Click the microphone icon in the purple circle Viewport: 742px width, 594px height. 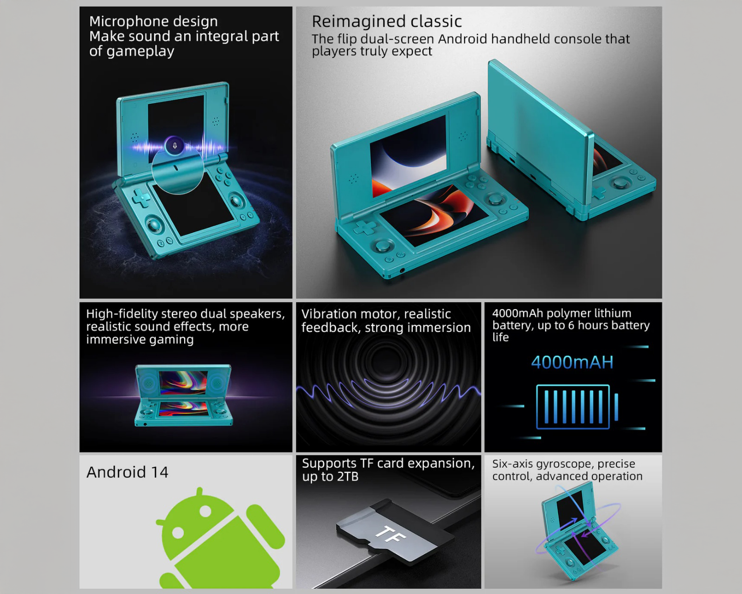[x=175, y=146]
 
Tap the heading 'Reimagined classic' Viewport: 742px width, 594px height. [x=386, y=21]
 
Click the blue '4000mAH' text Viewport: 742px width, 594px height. [x=572, y=362]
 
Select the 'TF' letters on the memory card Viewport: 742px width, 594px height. [x=390, y=535]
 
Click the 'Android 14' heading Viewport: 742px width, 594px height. [x=127, y=472]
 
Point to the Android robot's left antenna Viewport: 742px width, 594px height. [x=199, y=492]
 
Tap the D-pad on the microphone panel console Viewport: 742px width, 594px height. [x=141, y=197]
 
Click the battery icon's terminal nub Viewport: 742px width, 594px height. [x=616, y=407]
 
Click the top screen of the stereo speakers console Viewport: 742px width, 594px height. [x=183, y=382]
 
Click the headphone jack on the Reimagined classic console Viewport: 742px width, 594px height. [x=402, y=270]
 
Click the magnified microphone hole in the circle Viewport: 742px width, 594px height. [x=176, y=168]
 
